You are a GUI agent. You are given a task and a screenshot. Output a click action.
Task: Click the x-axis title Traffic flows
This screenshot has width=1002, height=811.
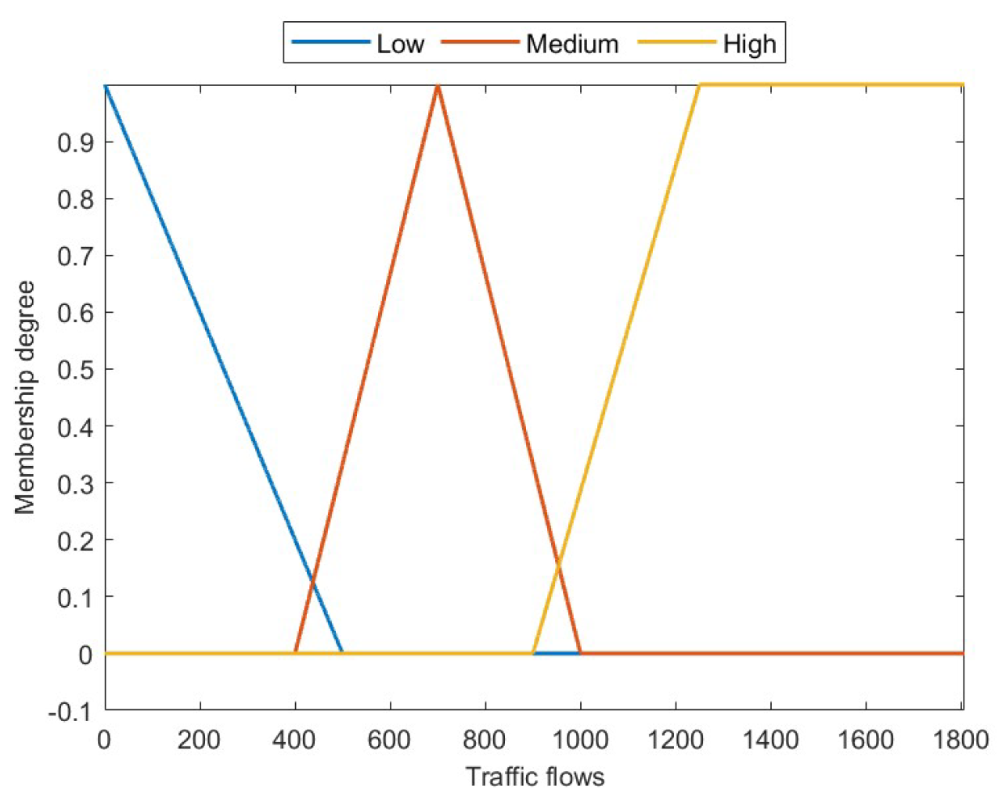(x=535, y=777)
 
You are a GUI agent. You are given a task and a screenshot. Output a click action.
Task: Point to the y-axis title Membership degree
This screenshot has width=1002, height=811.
(x=25, y=397)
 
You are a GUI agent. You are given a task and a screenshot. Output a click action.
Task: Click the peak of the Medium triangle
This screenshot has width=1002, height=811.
(x=438, y=85)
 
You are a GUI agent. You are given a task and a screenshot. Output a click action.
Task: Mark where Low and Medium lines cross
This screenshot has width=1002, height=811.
(x=312, y=580)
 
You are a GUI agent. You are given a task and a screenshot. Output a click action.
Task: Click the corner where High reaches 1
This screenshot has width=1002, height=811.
(x=699, y=85)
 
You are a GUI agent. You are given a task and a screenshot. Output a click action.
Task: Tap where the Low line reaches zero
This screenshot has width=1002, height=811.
(x=342, y=652)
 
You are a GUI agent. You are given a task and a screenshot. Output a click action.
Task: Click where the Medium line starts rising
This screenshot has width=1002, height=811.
(x=295, y=652)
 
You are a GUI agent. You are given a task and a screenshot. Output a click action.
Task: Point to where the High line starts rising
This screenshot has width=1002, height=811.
(x=533, y=652)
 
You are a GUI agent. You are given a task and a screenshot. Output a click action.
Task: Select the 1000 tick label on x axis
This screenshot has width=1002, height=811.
(x=580, y=739)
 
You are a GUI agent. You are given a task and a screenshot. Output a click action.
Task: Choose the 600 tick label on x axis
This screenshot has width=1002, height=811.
(x=390, y=739)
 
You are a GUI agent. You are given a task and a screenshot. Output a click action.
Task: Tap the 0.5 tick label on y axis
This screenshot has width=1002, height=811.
(x=75, y=369)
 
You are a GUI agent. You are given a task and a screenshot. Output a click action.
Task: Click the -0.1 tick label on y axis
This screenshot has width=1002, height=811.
(x=70, y=711)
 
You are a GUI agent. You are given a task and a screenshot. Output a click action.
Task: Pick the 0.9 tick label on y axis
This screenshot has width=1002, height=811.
(x=75, y=142)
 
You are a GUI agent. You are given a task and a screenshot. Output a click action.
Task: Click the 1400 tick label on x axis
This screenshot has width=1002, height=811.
(x=770, y=739)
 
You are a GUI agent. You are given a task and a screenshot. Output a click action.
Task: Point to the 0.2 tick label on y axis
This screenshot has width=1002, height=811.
(x=75, y=540)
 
